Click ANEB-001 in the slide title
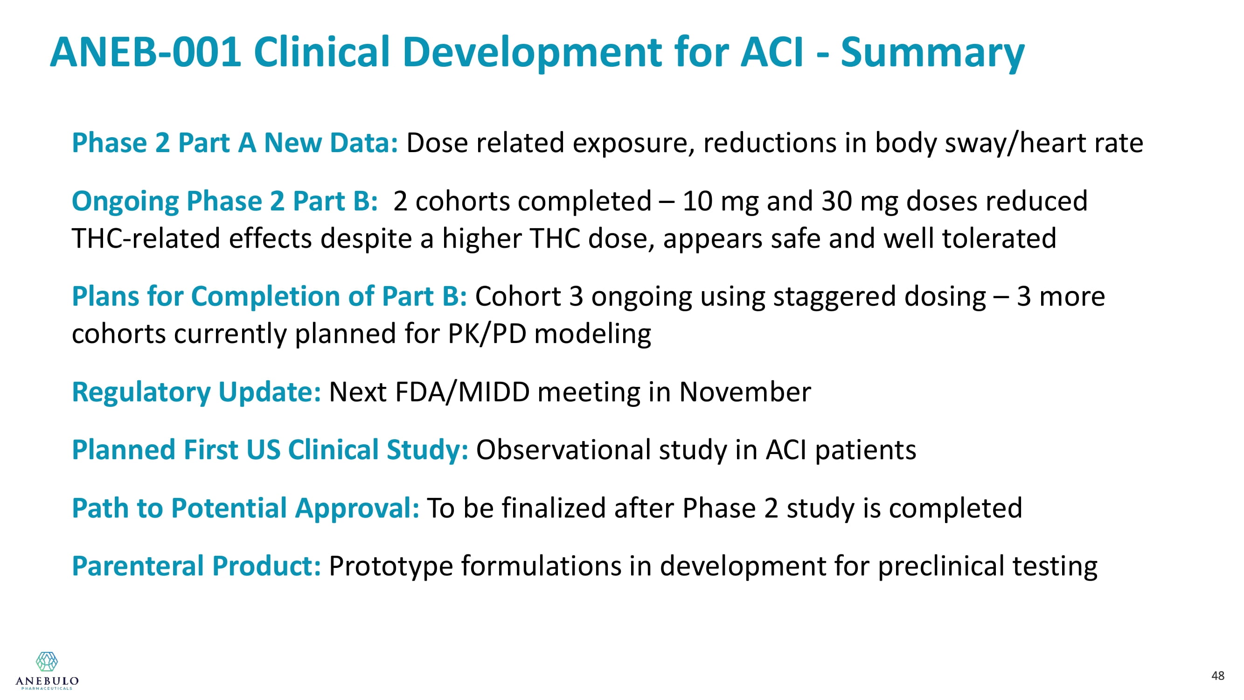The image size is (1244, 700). [146, 52]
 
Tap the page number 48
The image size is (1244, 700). [1217, 675]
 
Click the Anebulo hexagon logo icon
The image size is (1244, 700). [47, 661]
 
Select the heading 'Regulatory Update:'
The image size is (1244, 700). [196, 392]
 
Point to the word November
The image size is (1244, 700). [744, 392]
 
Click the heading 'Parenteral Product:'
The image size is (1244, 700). [196, 566]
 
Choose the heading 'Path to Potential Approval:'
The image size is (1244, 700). [245, 508]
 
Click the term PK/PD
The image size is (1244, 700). [487, 334]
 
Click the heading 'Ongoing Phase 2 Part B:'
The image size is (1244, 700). [224, 202]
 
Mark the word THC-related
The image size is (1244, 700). [146, 238]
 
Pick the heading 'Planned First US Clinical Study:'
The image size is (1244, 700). [270, 450]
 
